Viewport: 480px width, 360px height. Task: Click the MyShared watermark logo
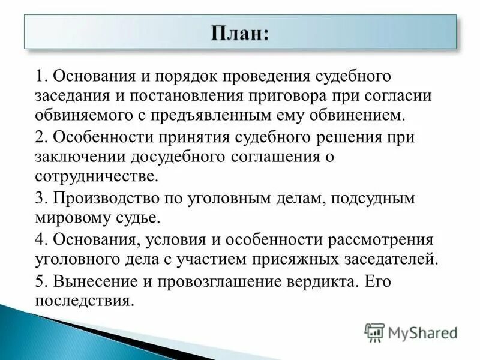[411, 332]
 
